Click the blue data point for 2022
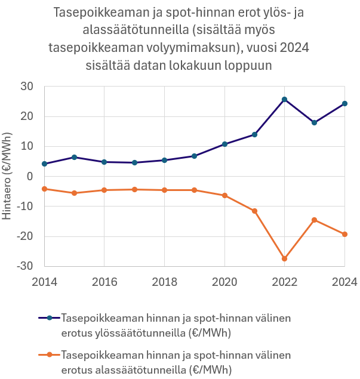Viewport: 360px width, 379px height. click(x=284, y=99)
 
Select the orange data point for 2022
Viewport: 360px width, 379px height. click(x=284, y=258)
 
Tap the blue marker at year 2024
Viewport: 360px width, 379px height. click(x=344, y=103)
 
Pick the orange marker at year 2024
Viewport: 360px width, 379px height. click(x=344, y=234)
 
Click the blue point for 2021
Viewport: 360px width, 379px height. click(x=254, y=134)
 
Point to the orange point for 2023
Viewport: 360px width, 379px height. click(x=315, y=220)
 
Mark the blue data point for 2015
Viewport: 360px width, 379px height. click(x=74, y=157)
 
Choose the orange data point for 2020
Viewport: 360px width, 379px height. click(x=224, y=195)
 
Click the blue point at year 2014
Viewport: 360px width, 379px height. click(x=44, y=164)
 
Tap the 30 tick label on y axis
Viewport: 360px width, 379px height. click(x=27, y=87)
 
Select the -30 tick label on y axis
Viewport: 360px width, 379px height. click(x=26, y=266)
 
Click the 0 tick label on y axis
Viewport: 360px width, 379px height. click(x=30, y=177)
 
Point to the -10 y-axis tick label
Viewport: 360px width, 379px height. click(x=26, y=207)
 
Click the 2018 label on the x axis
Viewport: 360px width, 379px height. click(x=164, y=281)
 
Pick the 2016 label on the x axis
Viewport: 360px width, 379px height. click(x=104, y=281)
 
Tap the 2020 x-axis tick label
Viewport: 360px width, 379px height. click(x=224, y=281)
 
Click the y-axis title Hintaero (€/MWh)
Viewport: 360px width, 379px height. click(x=8, y=177)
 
